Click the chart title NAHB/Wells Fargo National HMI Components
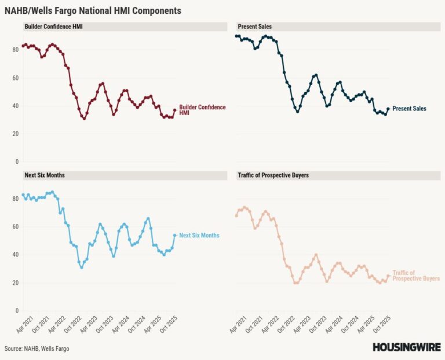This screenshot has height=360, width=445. point(93,10)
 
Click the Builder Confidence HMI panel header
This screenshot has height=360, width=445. point(53,27)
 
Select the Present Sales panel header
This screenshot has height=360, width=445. point(254,27)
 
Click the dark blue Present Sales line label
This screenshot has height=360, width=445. point(409,108)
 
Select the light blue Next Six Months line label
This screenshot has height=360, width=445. point(199,236)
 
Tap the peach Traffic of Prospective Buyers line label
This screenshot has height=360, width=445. point(415,275)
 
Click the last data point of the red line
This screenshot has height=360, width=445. point(175,110)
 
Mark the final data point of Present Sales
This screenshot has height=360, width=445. point(388,109)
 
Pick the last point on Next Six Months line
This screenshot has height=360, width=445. point(175,235)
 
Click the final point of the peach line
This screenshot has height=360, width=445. point(388,276)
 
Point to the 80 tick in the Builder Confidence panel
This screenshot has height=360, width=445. point(16,50)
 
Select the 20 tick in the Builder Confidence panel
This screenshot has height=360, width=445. point(16,134)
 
